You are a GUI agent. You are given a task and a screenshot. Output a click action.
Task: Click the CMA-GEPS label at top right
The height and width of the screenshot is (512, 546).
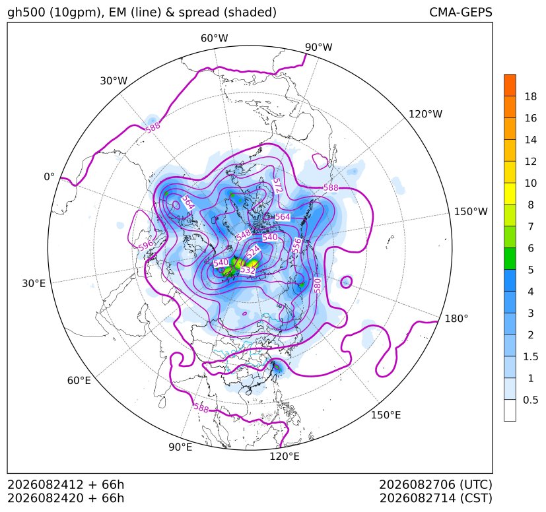click(461, 12)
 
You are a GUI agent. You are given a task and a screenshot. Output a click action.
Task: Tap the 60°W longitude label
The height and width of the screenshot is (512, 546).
click(214, 38)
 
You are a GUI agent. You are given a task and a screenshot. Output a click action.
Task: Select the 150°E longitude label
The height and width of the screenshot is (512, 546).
click(386, 415)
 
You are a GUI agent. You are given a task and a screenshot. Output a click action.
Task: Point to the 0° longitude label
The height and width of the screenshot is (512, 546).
click(49, 177)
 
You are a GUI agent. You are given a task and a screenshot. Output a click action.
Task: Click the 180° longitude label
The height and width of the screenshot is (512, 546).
click(456, 319)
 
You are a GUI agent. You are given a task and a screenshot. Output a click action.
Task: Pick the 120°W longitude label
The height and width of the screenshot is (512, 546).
click(425, 114)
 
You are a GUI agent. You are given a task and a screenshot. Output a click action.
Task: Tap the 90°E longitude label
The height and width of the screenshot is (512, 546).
click(180, 447)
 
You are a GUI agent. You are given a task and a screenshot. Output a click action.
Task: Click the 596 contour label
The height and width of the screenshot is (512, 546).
click(146, 245)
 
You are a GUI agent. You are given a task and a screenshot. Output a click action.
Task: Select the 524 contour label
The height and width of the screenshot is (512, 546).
click(253, 251)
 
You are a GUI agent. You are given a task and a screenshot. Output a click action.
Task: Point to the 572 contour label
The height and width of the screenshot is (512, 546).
click(277, 185)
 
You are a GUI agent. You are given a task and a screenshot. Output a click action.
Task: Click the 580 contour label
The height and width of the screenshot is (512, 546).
click(317, 285)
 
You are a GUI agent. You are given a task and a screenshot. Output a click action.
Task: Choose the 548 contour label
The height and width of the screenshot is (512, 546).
click(244, 235)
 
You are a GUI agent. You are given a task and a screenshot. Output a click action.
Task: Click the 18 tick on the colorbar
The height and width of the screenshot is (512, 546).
click(531, 96)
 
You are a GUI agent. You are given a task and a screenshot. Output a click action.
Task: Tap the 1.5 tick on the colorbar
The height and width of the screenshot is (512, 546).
click(531, 356)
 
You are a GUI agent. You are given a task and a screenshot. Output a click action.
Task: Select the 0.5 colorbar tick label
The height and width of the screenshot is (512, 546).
click(531, 400)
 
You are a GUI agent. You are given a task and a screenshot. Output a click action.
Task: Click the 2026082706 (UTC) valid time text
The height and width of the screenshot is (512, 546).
click(436, 484)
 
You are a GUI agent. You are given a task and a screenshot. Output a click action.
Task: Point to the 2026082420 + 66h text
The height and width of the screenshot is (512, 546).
click(65, 498)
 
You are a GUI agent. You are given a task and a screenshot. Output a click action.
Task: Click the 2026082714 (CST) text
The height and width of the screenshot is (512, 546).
click(436, 498)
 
